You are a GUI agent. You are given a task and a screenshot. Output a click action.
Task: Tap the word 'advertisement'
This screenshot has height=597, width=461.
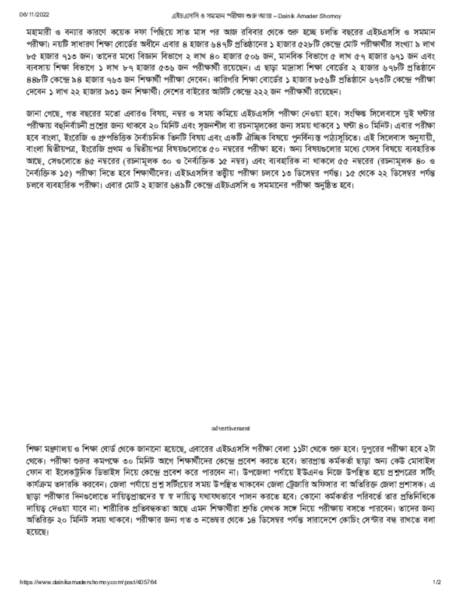pyautogui.click(x=231, y=429)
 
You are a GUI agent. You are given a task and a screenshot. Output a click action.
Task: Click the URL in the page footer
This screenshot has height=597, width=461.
pyautogui.click(x=88, y=582)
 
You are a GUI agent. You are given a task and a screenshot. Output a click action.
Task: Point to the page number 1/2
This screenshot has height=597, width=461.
pyautogui.click(x=437, y=582)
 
